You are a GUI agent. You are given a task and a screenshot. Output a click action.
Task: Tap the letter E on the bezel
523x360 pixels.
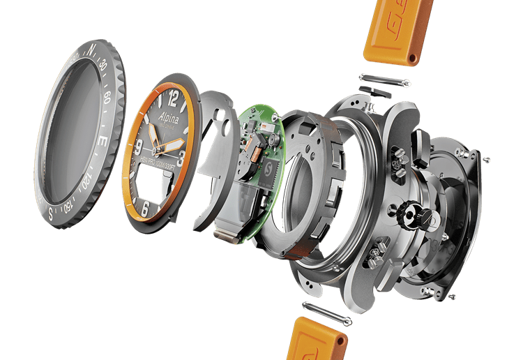pos(103,142)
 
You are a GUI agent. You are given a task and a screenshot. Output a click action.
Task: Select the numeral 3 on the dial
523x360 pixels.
pos(181,158)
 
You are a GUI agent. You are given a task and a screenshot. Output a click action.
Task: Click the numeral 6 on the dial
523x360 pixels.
pos(145,208)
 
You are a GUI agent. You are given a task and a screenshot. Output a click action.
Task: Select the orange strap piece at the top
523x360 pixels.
pos(398,31)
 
